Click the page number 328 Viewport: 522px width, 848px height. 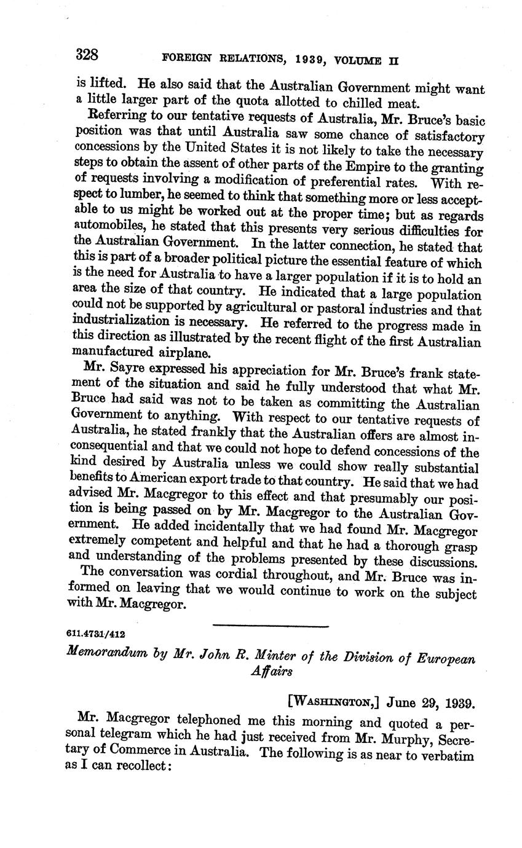pos(87,55)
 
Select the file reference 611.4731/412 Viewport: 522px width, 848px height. pos(95,632)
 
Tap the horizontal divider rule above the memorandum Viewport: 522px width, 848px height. pos(271,626)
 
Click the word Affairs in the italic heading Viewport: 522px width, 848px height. pos(271,672)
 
